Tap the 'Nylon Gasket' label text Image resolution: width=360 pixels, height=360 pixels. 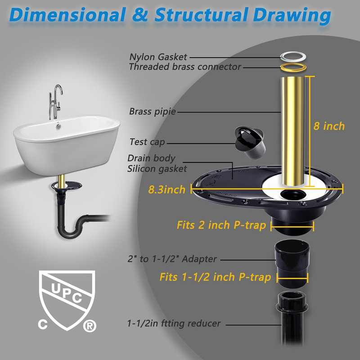pos(158,57)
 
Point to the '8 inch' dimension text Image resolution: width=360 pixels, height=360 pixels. pos(328,126)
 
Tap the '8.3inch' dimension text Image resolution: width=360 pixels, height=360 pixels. pos(167,189)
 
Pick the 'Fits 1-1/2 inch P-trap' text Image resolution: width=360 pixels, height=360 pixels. pos(215,277)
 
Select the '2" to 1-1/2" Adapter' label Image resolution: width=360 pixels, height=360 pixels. pos(172,259)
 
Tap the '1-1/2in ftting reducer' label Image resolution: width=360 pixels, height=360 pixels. pos(174,324)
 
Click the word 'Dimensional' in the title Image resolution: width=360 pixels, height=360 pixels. pos(67,15)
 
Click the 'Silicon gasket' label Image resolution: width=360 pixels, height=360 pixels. pos(157,169)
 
